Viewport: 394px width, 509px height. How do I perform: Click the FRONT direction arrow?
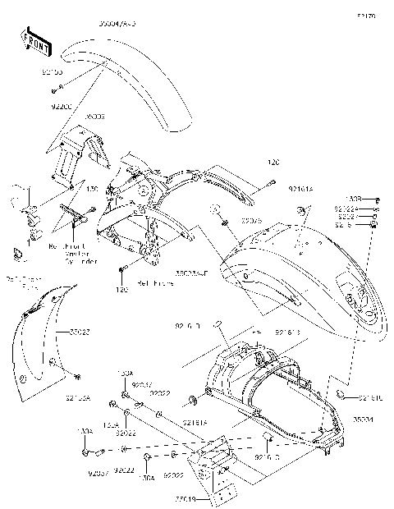coord(36,44)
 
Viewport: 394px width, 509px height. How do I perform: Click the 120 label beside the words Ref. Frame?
coord(121,290)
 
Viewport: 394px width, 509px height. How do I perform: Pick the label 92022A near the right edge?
coord(346,209)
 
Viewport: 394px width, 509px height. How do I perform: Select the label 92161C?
coord(370,397)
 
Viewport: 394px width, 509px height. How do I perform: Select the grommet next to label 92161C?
coord(340,396)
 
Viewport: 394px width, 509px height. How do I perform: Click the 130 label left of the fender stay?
coord(92,190)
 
